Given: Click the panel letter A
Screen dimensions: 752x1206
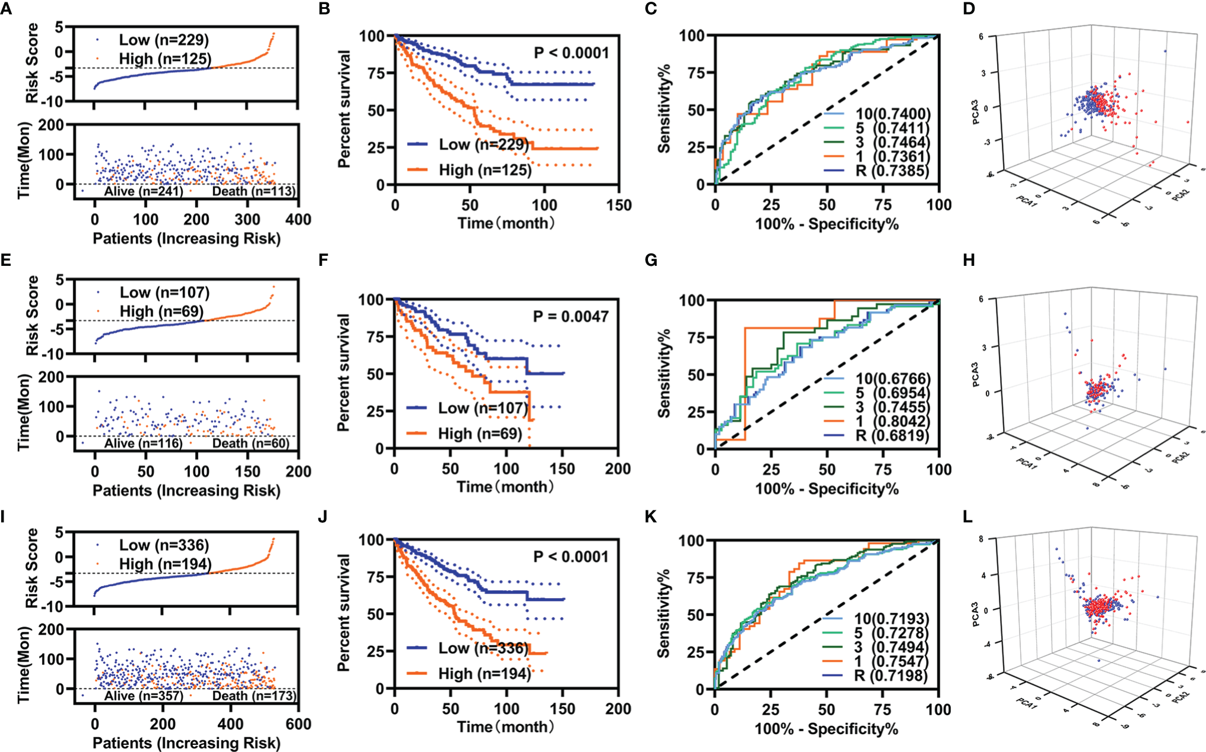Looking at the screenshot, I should [7, 9].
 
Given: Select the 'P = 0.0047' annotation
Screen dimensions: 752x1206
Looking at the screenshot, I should [570, 317].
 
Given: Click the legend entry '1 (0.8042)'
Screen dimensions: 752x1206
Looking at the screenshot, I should [892, 421].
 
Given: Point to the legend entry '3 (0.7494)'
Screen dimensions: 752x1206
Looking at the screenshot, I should [891, 647].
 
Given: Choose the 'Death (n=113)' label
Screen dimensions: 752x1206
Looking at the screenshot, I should [253, 191].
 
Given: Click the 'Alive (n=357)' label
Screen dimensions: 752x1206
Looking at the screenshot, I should [143, 696].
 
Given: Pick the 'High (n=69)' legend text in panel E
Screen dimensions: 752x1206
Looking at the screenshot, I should [161, 311].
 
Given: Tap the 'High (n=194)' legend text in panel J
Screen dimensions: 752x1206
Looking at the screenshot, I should [484, 674].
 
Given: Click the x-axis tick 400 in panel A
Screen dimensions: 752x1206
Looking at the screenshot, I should [298, 220].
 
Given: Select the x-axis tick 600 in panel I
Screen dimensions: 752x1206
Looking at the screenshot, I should [298, 724].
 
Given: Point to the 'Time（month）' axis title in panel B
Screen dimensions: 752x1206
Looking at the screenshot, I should [507, 223].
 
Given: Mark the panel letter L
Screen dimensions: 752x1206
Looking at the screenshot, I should [968, 517].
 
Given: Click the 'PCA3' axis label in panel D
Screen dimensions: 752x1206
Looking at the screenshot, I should [975, 112].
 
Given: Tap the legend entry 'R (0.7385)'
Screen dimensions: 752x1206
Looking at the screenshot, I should [892, 171].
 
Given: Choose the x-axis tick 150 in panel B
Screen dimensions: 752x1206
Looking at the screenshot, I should [619, 205].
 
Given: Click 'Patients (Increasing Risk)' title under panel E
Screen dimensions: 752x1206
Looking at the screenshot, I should [186, 491].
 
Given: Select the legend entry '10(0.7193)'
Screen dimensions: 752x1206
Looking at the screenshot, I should [891, 619].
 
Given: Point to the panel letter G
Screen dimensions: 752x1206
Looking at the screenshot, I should [651, 261].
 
